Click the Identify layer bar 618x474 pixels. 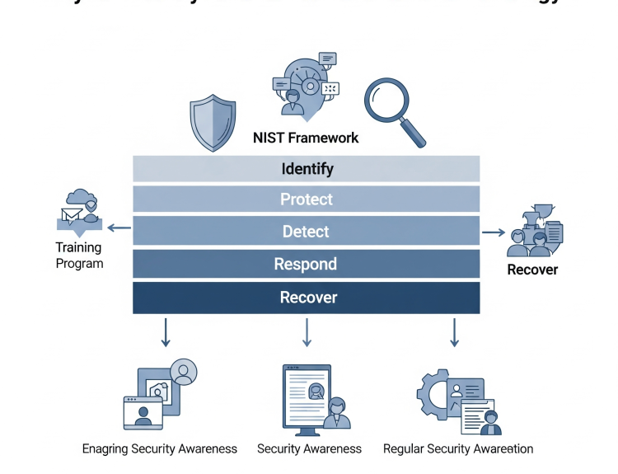tap(307, 168)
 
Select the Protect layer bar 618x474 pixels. tap(307, 199)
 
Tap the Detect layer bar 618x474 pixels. tap(307, 232)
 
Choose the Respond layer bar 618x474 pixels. tap(307, 264)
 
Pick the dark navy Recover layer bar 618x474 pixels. tap(307, 298)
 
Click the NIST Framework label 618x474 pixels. tap(306, 138)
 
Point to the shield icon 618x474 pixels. tap(213, 121)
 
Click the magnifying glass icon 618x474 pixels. tap(392, 106)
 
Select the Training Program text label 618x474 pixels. tap(79, 255)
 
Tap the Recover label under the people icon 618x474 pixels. tap(532, 270)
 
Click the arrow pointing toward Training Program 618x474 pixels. tap(119, 229)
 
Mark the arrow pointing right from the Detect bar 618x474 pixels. tap(494, 232)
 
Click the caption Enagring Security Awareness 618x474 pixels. tap(160, 449)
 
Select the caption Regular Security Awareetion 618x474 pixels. tap(458, 449)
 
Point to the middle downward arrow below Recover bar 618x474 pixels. tap(307, 331)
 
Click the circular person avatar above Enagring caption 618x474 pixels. tap(184, 372)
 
